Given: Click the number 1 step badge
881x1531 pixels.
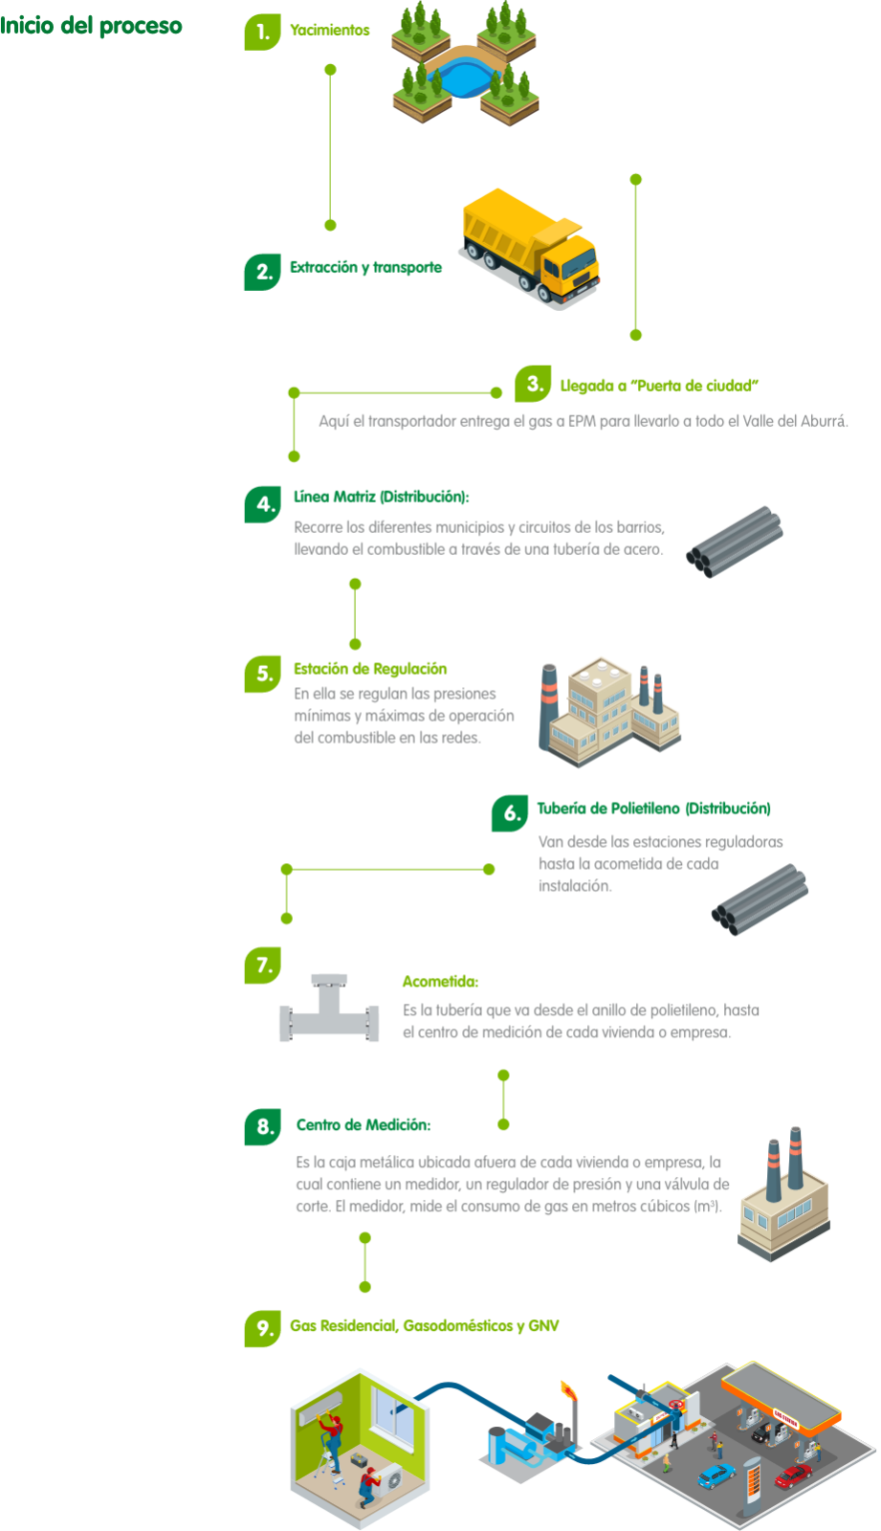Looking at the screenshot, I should pos(261,33).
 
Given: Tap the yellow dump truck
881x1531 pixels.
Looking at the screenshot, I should pos(531,249).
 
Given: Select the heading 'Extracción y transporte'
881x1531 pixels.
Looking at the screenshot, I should pos(366,268).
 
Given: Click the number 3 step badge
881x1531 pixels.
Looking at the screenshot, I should pos(533,384).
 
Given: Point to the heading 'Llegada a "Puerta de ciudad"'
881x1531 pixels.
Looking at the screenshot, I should pos(659,386).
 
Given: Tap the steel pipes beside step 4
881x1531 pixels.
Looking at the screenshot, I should pos(735,542).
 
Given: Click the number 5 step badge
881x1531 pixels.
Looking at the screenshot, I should pos(262,674).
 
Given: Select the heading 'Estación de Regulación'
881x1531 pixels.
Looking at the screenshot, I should pos(370,669).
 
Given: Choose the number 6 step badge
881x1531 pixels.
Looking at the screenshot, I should pos(510,813).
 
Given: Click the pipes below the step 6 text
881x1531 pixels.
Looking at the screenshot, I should pos(760,899).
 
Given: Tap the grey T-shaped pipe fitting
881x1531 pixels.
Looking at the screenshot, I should pos(329,1010).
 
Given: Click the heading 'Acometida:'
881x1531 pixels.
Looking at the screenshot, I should pos(440,982).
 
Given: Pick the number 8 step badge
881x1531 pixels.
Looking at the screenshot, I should pos(262,1126).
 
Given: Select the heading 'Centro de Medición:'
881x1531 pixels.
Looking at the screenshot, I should pos(363,1125).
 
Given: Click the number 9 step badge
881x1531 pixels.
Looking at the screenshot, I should pos(261,1328).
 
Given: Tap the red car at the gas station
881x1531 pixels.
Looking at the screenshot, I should pos(792,1476).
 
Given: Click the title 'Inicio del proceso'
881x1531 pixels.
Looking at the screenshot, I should pos(91,26).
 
